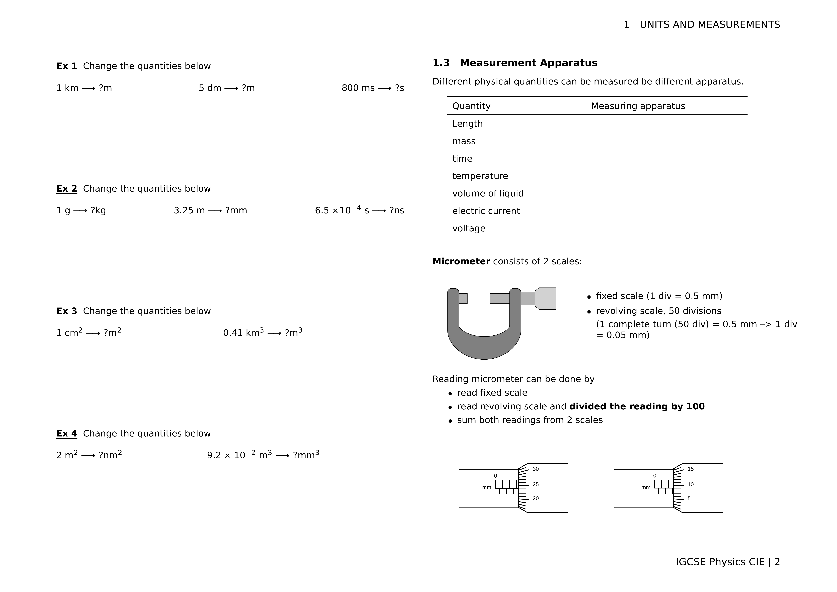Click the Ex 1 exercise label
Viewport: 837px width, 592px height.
(x=67, y=66)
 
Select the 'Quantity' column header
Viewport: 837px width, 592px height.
(x=471, y=106)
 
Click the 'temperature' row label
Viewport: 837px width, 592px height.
(x=480, y=176)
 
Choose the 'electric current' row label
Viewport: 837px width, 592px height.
(x=486, y=211)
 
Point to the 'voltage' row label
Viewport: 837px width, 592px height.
(x=469, y=229)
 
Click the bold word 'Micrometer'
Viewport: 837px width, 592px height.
(x=461, y=261)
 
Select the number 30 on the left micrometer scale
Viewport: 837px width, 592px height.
(x=536, y=469)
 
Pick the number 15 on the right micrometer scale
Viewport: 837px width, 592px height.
(x=690, y=469)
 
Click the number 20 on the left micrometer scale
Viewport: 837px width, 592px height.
(x=536, y=499)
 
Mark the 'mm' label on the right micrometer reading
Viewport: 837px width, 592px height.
(x=646, y=488)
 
